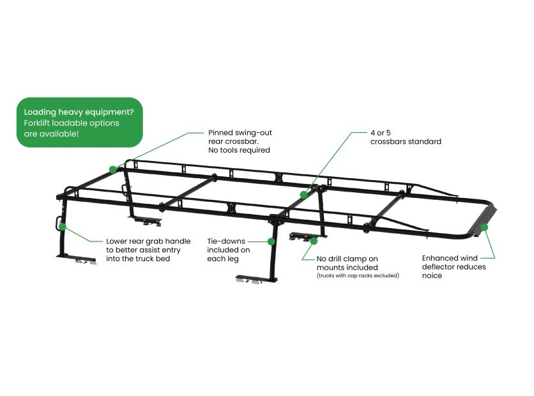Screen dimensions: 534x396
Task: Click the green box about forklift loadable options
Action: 80,122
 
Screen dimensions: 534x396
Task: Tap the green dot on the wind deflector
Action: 484,227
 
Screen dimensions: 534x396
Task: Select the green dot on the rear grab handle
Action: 63,227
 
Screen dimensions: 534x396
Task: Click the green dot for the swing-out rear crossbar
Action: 112,169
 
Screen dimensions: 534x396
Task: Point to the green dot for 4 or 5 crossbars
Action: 303,195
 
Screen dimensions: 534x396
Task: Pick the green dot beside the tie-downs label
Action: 271,241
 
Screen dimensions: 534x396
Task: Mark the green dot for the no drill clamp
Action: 314,241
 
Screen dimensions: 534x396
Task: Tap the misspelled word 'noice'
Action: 432,276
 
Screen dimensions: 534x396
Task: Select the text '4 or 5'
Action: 381,132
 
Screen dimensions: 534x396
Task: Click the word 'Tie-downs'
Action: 226,241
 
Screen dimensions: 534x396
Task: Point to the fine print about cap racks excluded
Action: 358,275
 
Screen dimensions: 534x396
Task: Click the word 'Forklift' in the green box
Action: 37,123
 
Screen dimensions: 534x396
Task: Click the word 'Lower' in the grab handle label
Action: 116,241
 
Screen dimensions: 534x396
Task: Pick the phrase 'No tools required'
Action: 239,150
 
